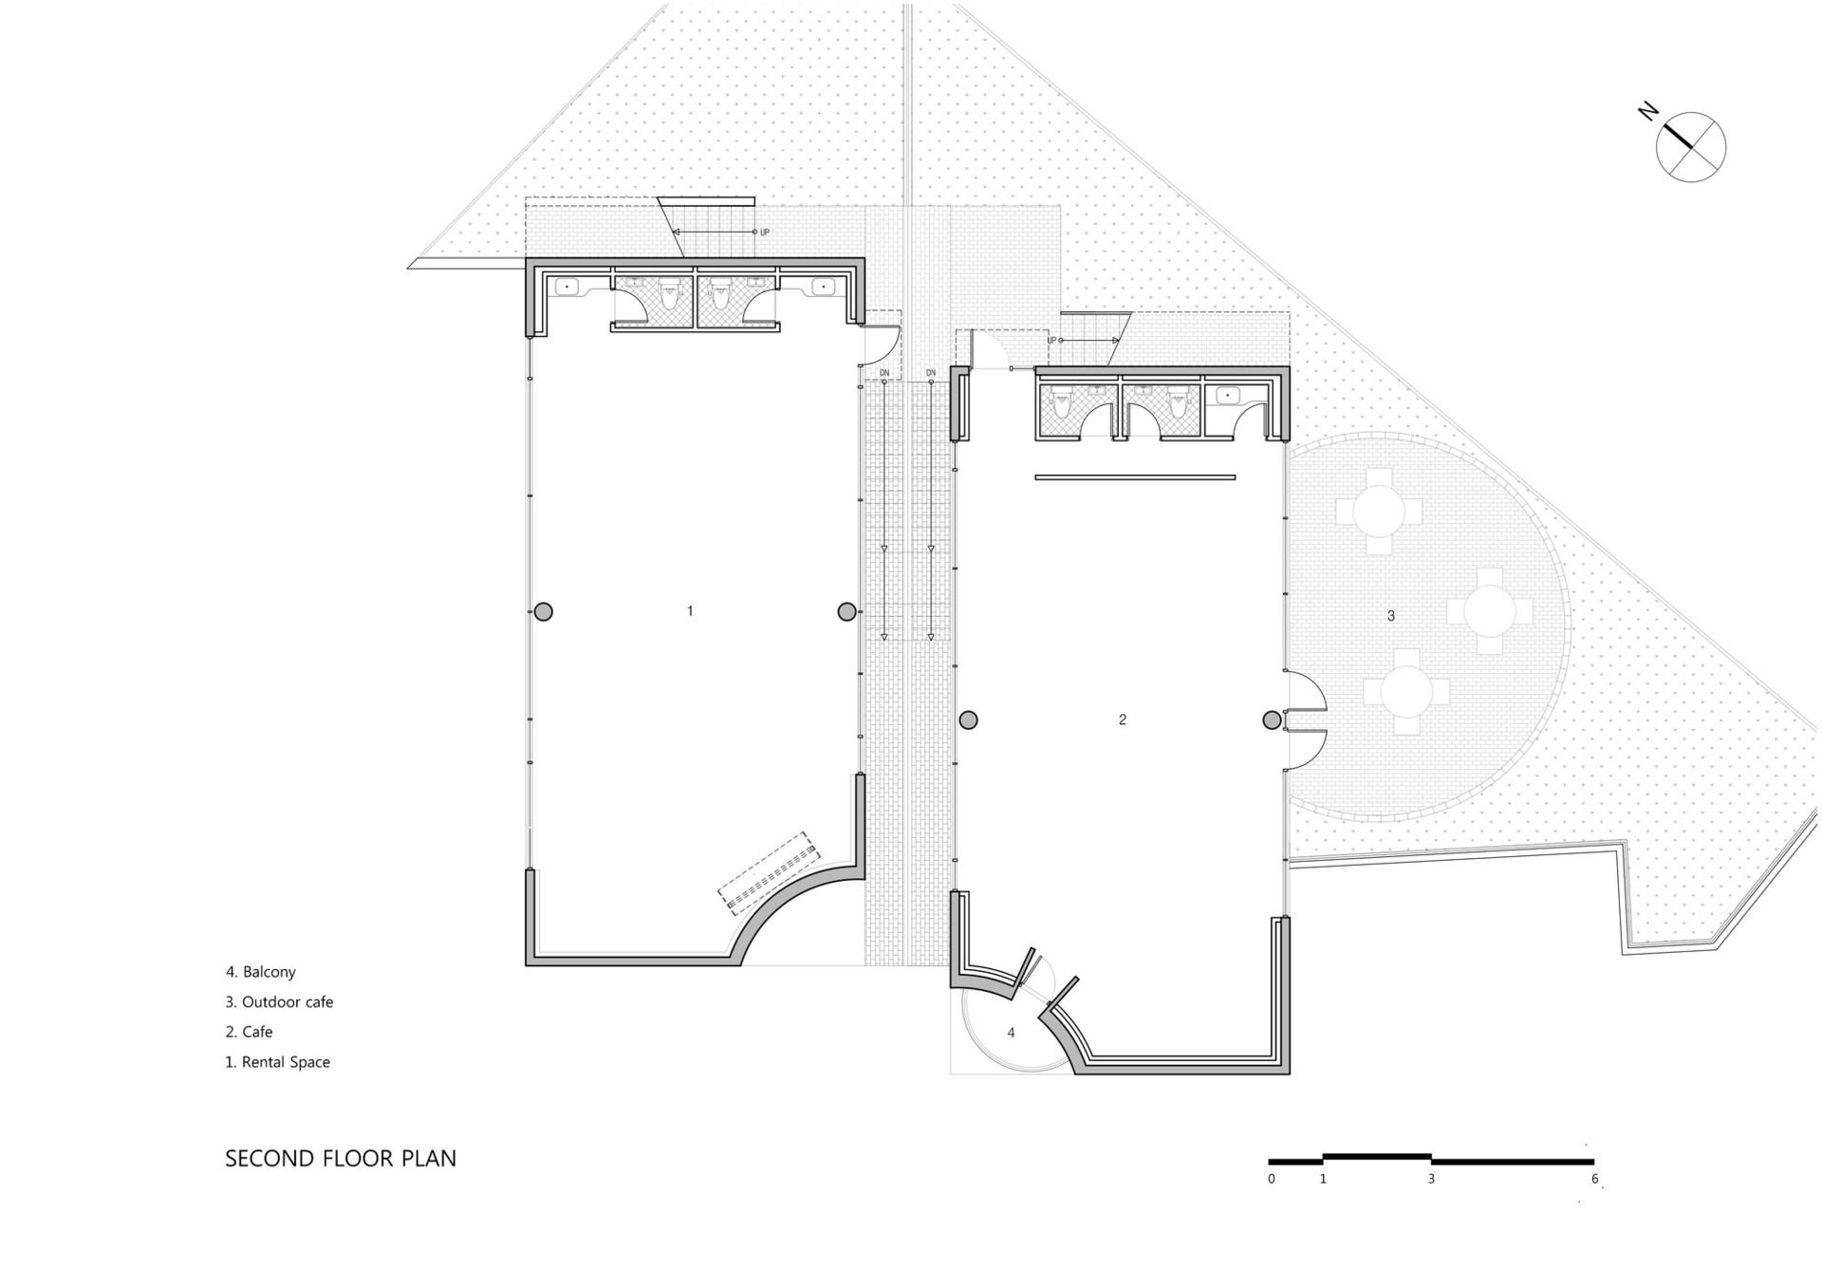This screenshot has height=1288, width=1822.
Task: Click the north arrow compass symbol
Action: tap(1690, 147)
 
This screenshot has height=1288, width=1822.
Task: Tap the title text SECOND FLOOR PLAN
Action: tap(341, 1159)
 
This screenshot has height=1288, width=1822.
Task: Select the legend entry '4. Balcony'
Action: tap(261, 972)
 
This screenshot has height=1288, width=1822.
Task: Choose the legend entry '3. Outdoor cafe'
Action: tap(279, 1002)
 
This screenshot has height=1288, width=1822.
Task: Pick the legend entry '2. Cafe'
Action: tap(249, 1032)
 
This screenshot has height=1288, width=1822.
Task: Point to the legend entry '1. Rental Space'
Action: tap(277, 1062)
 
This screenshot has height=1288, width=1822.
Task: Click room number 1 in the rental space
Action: tap(690, 611)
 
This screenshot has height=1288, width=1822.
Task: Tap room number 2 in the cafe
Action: tap(1123, 719)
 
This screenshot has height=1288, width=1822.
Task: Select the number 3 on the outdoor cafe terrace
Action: tap(1391, 616)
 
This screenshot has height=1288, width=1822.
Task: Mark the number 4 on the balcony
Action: tap(1011, 1033)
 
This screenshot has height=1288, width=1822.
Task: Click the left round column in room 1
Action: tap(543, 612)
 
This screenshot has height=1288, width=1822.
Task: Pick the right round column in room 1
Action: tap(846, 612)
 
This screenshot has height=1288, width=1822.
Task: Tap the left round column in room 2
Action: tap(968, 720)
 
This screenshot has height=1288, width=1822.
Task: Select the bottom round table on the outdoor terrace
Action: tap(1407, 692)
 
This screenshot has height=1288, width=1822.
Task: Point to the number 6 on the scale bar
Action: tap(1594, 1179)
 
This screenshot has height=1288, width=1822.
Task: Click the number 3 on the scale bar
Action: tap(1431, 1179)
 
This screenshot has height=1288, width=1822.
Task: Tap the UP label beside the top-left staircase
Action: tap(765, 233)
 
